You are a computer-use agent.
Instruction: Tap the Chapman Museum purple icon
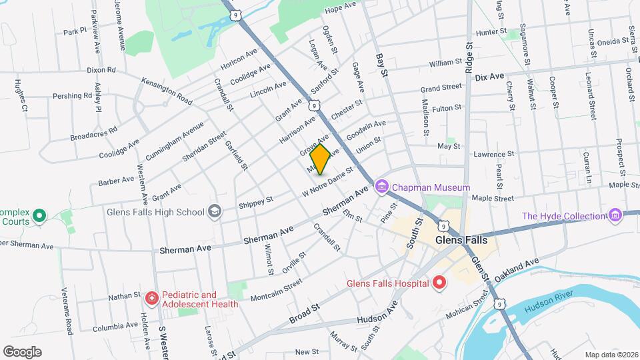pyautogui.click(x=381, y=187)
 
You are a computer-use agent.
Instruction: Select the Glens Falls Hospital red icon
pyautogui.click(x=439, y=283)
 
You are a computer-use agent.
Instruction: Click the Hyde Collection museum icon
pyautogui.click(x=615, y=215)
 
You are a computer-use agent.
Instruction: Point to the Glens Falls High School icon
pyautogui.click(x=215, y=212)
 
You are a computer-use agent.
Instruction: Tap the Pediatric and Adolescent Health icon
pyautogui.click(x=151, y=297)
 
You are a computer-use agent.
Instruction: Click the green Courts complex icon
pyautogui.click(x=39, y=215)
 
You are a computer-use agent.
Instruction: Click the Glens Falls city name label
pyautogui.click(x=461, y=240)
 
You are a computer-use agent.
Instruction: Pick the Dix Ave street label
pyautogui.click(x=490, y=77)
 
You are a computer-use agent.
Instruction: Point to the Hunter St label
pyautogui.click(x=493, y=31)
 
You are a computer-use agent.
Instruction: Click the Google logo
pyautogui.click(x=22, y=352)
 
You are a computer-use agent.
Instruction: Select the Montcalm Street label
pyautogui.click(x=271, y=291)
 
